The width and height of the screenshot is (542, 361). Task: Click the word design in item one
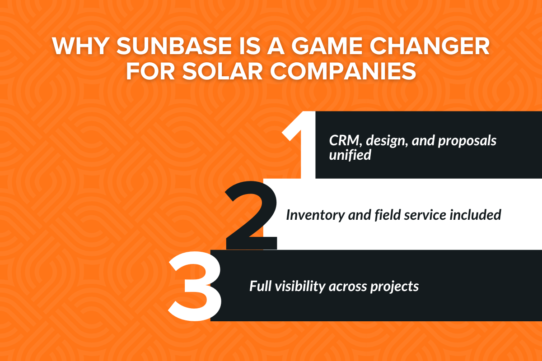(x=386, y=141)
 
